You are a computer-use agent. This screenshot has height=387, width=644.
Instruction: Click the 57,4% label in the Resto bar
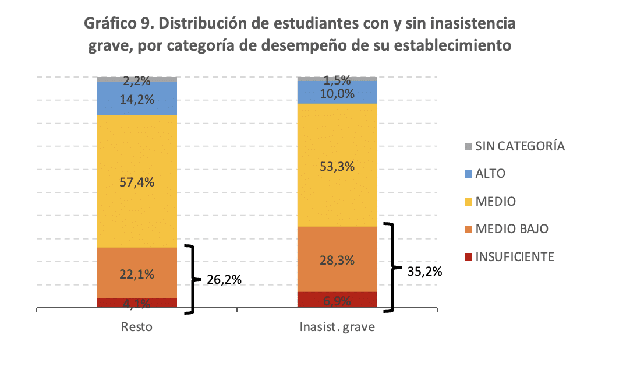[137, 182]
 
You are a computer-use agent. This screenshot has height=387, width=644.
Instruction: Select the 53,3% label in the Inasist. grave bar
[338, 166]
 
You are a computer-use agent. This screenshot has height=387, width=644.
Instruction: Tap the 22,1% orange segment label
[137, 274]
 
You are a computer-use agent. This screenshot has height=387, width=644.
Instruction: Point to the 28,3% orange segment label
[338, 260]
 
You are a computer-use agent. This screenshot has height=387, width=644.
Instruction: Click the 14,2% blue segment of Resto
[137, 99]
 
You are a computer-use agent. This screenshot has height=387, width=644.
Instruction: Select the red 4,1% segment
[137, 303]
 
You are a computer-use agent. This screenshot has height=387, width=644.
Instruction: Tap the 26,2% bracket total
[224, 280]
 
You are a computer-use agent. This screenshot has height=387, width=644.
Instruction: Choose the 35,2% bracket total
[425, 270]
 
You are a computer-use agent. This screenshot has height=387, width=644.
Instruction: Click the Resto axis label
[137, 326]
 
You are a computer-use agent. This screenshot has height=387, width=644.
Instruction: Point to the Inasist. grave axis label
[338, 326]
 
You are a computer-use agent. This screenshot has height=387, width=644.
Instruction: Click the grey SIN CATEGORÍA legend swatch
[468, 146]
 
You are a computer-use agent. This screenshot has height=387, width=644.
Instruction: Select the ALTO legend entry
[490, 174]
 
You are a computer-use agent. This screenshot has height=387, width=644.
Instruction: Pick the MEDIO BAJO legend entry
[511, 229]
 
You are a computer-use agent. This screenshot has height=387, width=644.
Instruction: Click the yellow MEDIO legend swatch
[468, 202]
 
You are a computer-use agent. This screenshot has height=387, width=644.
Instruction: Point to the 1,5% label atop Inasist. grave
[338, 81]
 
